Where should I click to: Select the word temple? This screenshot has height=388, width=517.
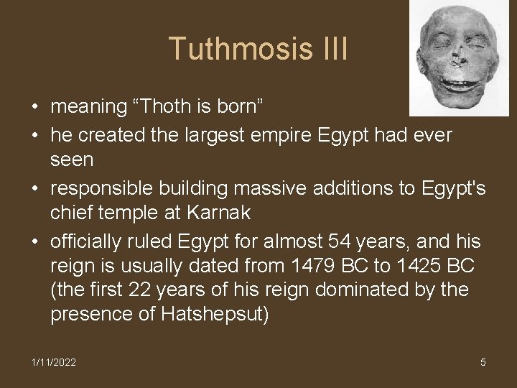click(137, 213)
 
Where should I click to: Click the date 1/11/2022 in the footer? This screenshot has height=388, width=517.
click(53, 362)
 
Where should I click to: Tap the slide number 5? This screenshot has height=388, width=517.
click(483, 362)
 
